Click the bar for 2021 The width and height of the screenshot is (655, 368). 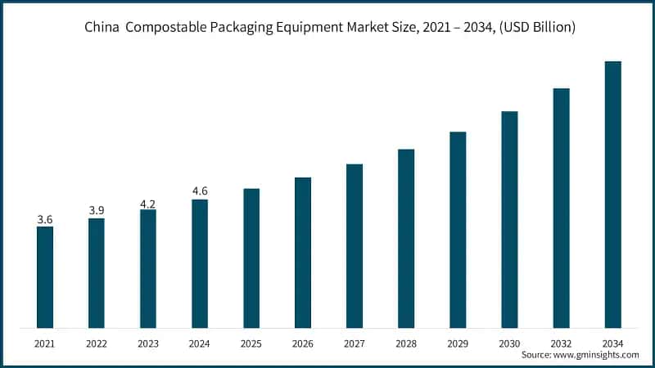point(45,277)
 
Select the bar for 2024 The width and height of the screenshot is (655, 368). point(200,263)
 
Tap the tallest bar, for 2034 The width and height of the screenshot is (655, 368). point(612,195)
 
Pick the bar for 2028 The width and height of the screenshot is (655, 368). point(406,239)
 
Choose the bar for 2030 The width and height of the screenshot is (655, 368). point(509,219)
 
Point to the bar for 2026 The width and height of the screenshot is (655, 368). point(303,253)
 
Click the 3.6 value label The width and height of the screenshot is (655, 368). point(45,219)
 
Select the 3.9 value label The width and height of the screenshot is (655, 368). point(97,211)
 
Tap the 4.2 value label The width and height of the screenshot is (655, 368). point(148,202)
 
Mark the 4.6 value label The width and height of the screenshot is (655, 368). point(200,191)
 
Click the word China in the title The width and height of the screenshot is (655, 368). point(102,28)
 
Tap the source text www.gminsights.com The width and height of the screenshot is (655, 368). point(599,355)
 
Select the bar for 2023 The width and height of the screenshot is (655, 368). point(148,269)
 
